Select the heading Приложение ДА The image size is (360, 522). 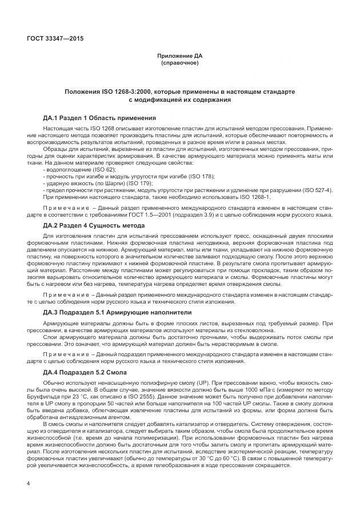180,56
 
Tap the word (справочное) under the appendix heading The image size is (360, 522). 180,63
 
